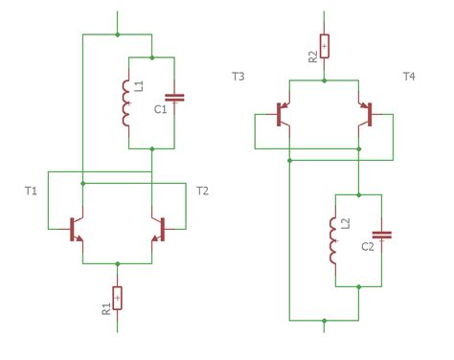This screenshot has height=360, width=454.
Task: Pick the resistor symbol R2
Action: point(325,46)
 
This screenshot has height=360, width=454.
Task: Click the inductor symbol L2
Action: point(334,243)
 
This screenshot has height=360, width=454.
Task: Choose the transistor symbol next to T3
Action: point(282,114)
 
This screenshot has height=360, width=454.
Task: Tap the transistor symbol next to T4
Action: point(367,114)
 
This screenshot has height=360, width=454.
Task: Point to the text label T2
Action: point(202,191)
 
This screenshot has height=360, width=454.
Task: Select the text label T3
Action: point(238,75)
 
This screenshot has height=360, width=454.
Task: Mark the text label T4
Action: point(411,75)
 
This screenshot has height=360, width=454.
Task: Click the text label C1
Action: point(160,111)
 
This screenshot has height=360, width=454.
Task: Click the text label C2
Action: point(368,248)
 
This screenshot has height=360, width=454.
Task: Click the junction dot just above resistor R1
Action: point(118,262)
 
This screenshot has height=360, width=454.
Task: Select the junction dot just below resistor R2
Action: point(325,80)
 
